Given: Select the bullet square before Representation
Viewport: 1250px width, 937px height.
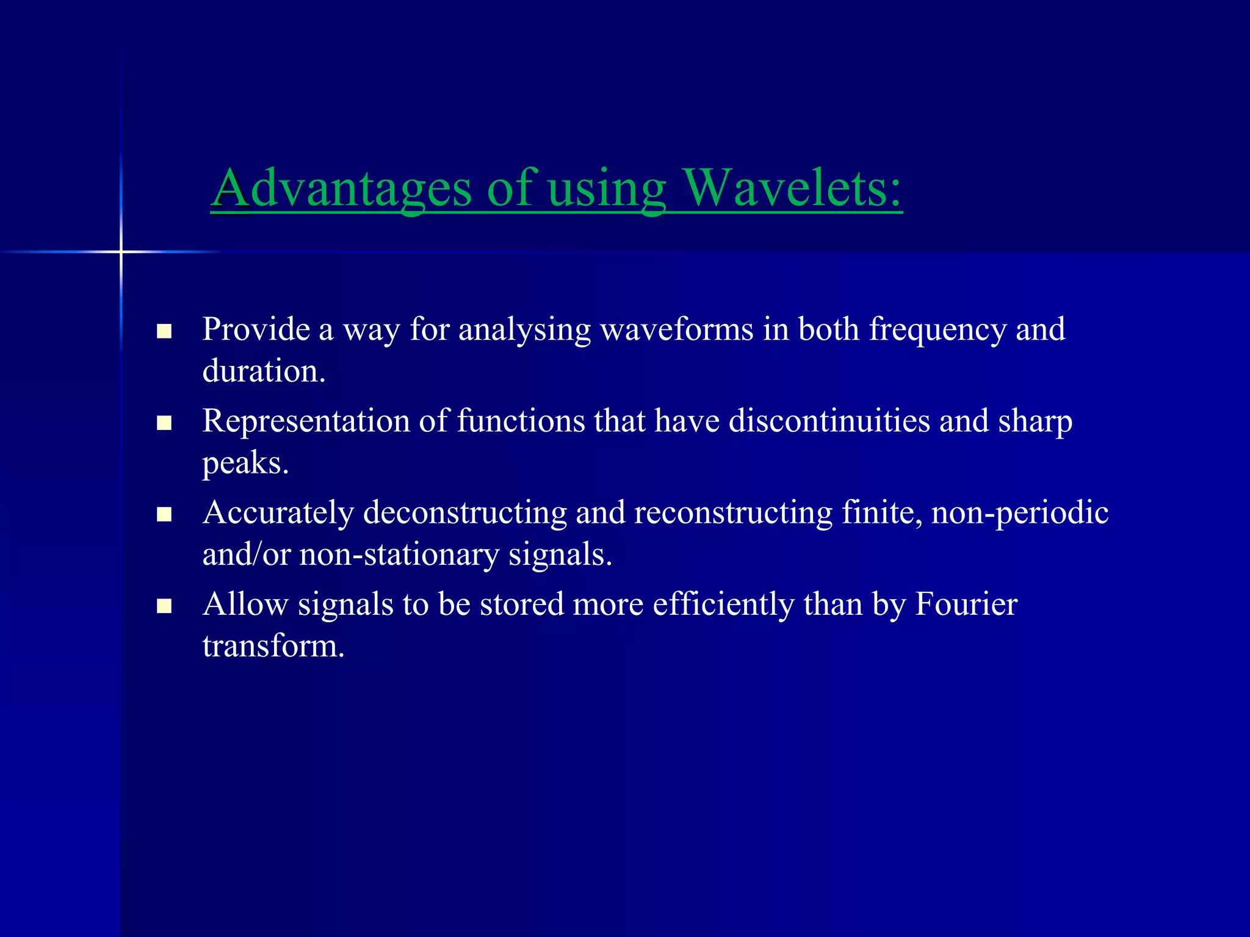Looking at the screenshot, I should coord(164,423).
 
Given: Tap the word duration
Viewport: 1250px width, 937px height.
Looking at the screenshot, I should coord(264,371).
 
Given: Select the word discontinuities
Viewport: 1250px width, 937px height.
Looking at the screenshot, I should coord(829,421).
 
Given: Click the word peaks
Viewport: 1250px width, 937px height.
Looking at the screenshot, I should coord(245,464).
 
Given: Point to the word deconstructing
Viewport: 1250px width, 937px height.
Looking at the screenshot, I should coord(465,513).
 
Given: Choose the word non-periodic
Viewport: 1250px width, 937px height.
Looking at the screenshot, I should coord(1020,513).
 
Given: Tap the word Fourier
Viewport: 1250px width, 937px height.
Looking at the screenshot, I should coord(966,605).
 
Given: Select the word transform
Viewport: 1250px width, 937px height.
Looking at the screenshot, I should coord(273,646).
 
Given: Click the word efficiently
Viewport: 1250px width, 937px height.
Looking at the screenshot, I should coord(723,605).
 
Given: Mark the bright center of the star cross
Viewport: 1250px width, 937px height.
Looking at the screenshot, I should coord(121,251).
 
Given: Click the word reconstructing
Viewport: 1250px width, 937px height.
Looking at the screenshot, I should coord(733,513).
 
